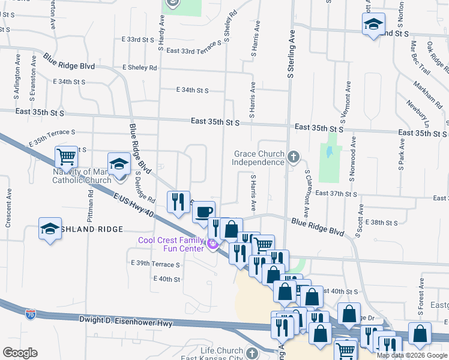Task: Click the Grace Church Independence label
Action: click(259, 158)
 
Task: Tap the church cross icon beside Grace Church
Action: click(294, 157)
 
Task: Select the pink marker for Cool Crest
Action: click(211, 245)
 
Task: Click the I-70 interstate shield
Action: click(31, 314)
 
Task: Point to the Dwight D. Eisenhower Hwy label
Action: click(125, 323)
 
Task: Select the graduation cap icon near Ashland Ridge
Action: click(50, 228)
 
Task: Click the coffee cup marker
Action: click(204, 211)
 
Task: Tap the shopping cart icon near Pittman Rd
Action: click(66, 157)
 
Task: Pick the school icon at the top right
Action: click(373, 25)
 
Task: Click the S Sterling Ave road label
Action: click(291, 55)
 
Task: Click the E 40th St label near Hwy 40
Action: click(167, 279)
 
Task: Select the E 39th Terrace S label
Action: click(155, 264)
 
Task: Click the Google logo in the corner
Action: click(20, 353)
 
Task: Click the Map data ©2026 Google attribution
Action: click(412, 355)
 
